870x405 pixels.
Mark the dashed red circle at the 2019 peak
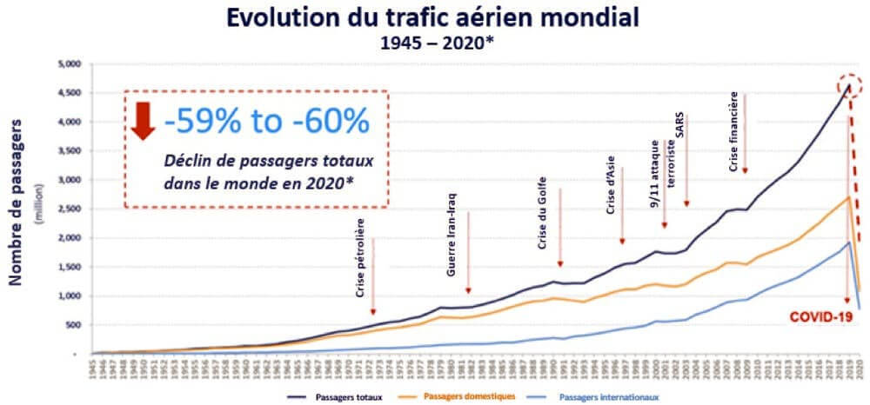pos(851,85)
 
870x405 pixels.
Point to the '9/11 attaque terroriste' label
pos(661,172)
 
